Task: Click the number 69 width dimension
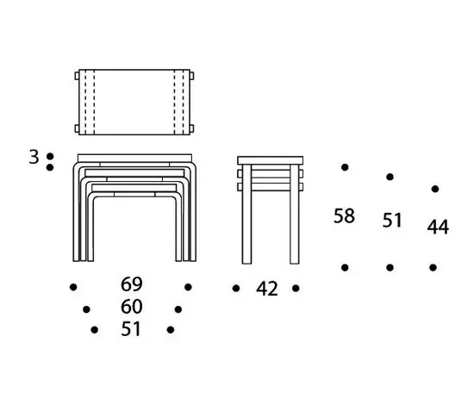[132, 284]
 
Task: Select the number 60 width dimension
[132, 307]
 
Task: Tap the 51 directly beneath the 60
[131, 329]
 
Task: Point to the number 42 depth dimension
[266, 289]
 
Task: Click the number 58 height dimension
[344, 215]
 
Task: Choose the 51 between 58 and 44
[392, 220]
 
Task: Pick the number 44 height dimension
[438, 227]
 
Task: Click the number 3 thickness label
[34, 157]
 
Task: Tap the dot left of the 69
[73, 287]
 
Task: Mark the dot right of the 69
[188, 287]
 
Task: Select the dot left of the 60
[86, 309]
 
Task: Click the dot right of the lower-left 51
[171, 330]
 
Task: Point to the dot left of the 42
[236, 289]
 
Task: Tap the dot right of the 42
[296, 289]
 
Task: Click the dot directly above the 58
[345, 167]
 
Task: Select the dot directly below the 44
[433, 267]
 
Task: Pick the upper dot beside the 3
[50, 157]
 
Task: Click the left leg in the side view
[246, 215]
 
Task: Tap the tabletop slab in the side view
[271, 160]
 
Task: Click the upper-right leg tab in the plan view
[192, 76]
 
